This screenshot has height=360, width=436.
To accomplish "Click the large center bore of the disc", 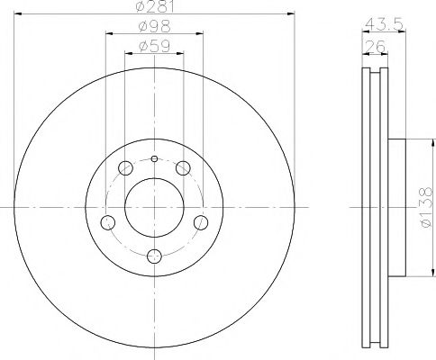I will [153, 206].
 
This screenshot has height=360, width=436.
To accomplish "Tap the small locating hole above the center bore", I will [153, 159].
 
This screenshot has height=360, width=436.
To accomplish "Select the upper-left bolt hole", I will [124, 166].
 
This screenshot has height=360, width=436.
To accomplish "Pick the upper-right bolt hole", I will [183, 166].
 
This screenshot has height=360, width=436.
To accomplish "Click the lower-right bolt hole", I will [200, 221].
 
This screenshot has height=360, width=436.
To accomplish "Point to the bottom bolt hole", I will [153, 255].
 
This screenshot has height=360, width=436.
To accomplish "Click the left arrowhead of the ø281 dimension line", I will [18, 13].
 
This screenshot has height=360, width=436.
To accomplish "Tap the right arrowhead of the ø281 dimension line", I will [293, 13].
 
